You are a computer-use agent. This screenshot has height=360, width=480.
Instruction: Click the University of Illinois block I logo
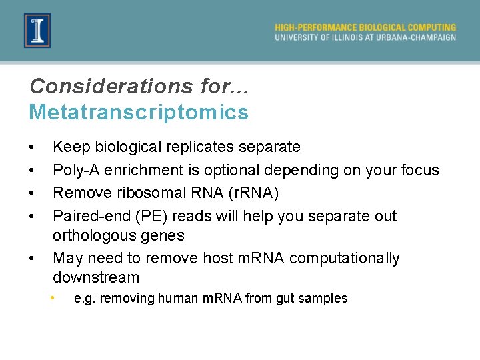(x=37, y=30)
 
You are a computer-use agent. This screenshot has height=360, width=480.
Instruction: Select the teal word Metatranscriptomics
(x=139, y=112)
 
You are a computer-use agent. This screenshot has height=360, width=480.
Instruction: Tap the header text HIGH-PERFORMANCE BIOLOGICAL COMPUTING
(x=365, y=27)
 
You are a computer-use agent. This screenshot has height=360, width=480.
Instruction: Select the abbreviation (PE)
(x=151, y=216)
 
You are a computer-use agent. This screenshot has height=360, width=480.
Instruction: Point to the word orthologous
(x=93, y=235)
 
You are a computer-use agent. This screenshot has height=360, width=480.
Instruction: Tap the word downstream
(x=96, y=277)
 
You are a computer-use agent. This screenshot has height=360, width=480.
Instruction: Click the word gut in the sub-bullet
(x=288, y=299)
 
